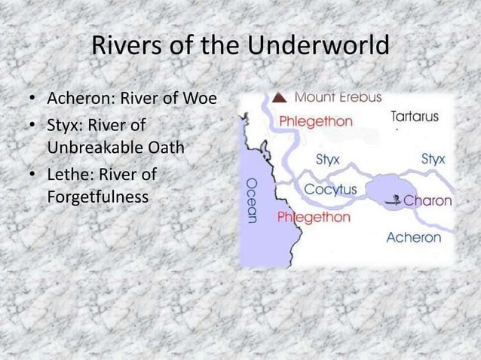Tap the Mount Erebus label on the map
338,97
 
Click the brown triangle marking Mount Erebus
279,97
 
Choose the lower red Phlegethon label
314,217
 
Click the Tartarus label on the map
415,117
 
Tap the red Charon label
428,201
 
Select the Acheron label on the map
413,237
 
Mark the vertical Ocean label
252,199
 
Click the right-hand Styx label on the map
433,159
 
